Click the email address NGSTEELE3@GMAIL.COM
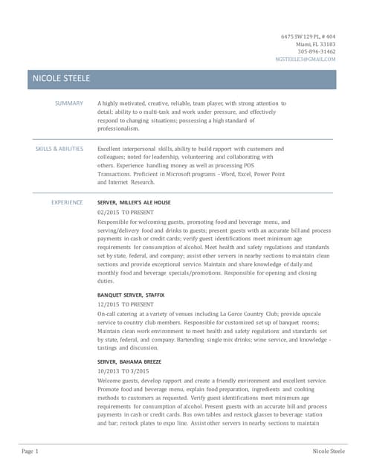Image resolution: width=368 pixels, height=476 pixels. (x=305, y=59)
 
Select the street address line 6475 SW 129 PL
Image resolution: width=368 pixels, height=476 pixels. (x=308, y=36)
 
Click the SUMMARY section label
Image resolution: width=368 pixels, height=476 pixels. (x=69, y=103)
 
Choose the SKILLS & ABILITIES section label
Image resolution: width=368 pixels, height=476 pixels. (x=59, y=149)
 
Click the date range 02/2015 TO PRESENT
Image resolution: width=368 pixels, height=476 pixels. (x=126, y=212)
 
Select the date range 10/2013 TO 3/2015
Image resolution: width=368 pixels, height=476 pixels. (x=123, y=370)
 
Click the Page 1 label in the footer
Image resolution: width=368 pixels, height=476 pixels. (x=30, y=451)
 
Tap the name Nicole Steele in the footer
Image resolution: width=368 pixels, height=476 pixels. (x=329, y=451)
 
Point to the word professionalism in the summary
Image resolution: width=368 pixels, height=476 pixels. (x=118, y=129)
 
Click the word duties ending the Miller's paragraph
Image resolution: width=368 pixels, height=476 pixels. (x=106, y=281)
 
